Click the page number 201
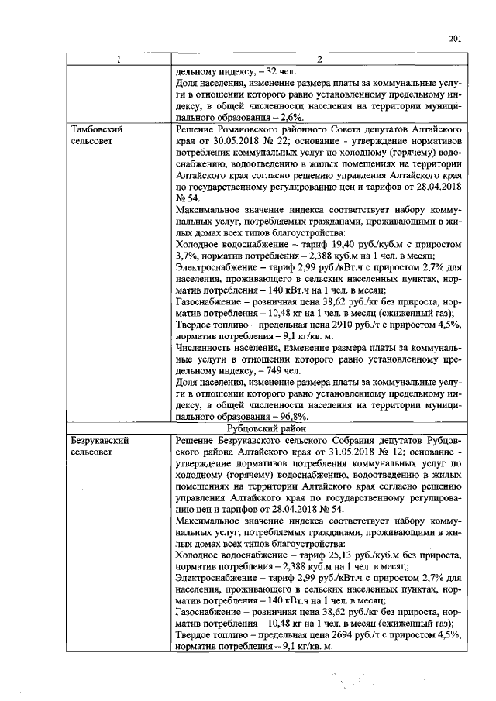tap(455, 40)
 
